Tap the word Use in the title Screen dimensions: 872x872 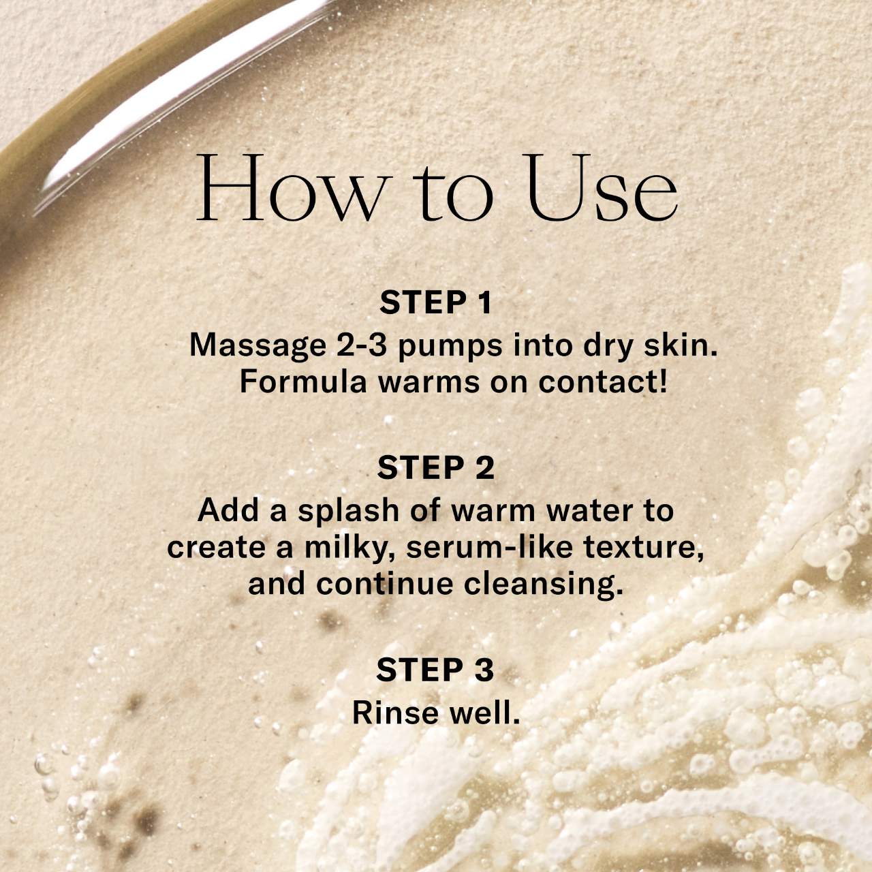pyautogui.click(x=602, y=188)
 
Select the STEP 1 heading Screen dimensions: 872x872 pyautogui.click(x=435, y=302)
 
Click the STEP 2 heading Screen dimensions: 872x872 pyautogui.click(x=435, y=468)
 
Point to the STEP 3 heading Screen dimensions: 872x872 pyautogui.click(x=435, y=670)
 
